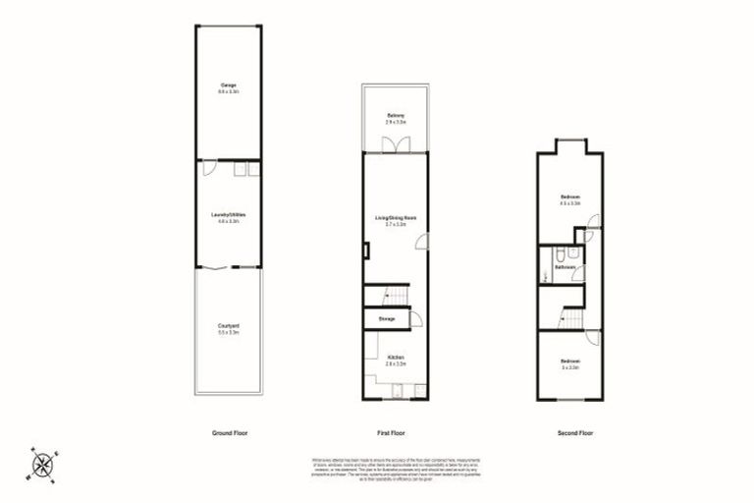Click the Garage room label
click(228, 87)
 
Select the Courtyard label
click(228, 327)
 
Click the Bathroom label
click(565, 266)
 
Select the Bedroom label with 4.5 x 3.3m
click(570, 197)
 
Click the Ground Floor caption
click(228, 433)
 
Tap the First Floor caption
click(391, 433)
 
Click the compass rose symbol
click(44, 463)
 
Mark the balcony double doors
click(396, 143)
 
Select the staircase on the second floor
click(570, 316)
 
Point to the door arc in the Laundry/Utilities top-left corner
click(209, 168)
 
